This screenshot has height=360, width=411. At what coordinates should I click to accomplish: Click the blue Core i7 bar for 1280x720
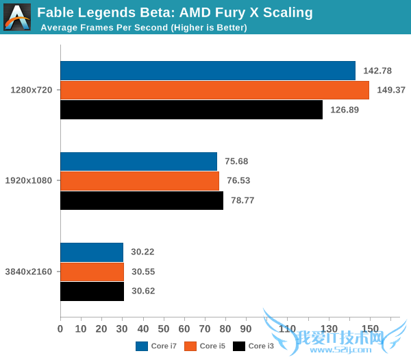click(x=208, y=71)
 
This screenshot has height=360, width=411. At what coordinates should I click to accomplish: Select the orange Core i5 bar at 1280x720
click(x=214, y=90)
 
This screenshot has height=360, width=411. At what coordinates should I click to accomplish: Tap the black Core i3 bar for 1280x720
click(x=191, y=110)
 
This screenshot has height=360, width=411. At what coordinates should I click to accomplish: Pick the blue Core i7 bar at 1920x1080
click(x=138, y=161)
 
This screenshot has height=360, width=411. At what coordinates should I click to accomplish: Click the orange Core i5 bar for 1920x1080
click(x=140, y=181)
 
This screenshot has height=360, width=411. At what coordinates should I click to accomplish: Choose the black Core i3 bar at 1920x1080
click(x=142, y=201)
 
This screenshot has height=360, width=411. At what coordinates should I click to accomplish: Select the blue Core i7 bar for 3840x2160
click(x=92, y=252)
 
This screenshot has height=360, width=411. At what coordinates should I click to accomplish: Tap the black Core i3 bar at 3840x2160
click(x=92, y=291)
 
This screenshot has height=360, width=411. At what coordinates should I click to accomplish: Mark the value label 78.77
click(x=245, y=201)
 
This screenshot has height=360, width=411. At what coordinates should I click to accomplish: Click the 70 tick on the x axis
click(x=205, y=329)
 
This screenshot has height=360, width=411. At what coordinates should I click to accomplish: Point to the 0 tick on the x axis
click(x=60, y=329)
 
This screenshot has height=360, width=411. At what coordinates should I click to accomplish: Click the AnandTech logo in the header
click(x=16, y=17)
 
